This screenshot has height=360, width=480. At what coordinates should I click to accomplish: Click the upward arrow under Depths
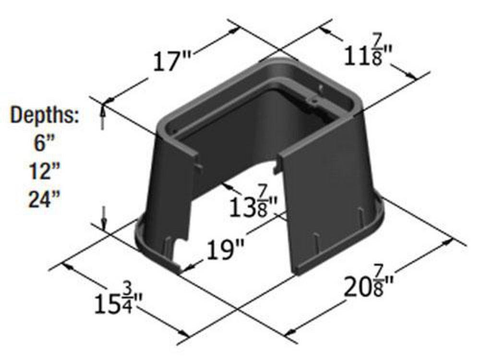tap(102, 117)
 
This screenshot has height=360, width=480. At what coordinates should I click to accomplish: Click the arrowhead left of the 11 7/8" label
tap(324, 30)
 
